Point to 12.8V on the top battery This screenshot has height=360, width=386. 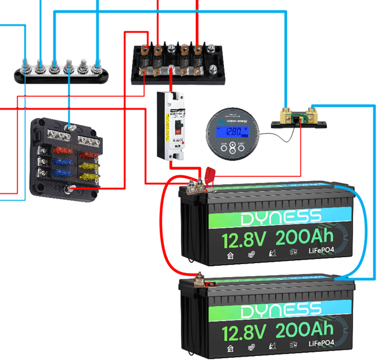click(243, 240)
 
